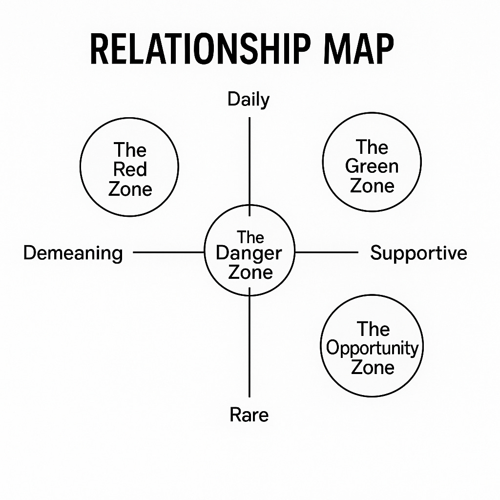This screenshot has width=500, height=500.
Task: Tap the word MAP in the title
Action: pos(351,49)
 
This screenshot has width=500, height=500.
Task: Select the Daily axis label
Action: pos(249,100)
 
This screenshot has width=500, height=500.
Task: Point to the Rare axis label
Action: pos(249,415)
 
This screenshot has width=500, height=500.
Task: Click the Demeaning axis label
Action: pos(73,253)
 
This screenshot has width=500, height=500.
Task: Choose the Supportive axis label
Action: pos(418,253)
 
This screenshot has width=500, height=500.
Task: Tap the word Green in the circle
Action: pos(372,167)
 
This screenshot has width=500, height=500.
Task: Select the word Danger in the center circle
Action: pos(249,254)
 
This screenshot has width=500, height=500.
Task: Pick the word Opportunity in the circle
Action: pos(373,348)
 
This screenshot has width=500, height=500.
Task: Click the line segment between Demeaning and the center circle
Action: pos(168,252)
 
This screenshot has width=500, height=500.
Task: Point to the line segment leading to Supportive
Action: pos(326,252)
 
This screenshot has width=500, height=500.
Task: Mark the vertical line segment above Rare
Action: pos(250,342)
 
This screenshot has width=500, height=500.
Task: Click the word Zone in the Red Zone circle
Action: pos(130,188)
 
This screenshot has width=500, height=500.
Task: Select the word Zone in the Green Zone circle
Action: pos(372,186)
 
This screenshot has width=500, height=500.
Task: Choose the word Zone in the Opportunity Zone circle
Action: pos(373,367)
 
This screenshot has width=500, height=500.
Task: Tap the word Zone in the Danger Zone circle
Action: pos(250,272)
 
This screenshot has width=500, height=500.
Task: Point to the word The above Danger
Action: pos(250,237)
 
